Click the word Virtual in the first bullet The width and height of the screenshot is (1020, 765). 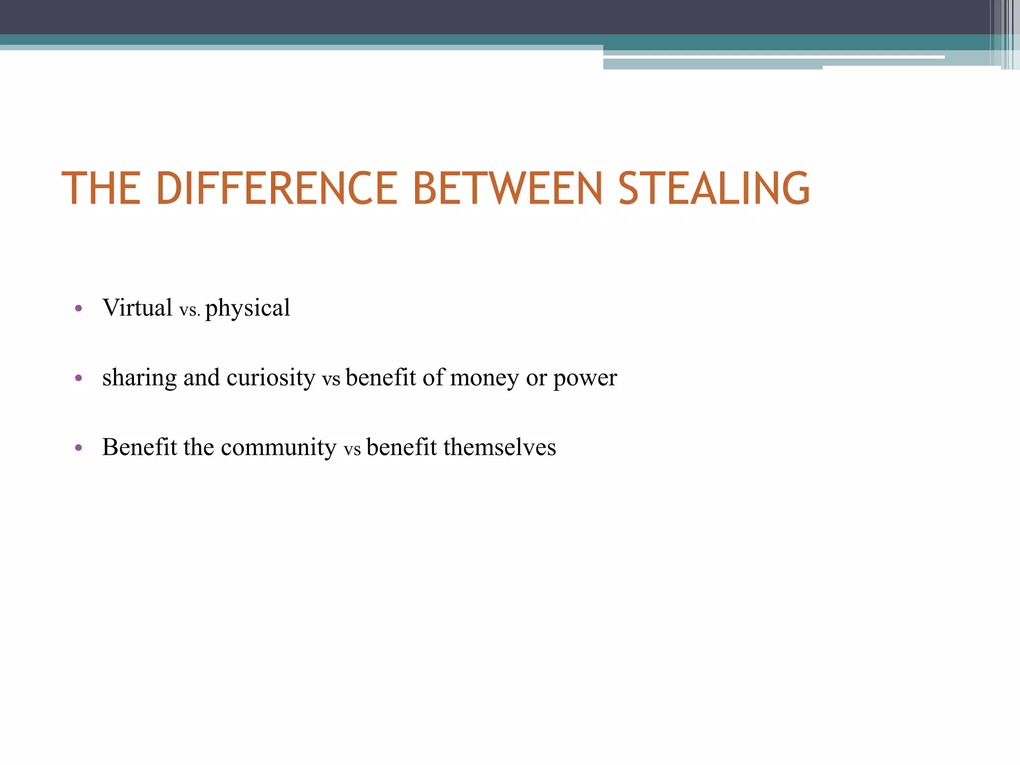tap(137, 307)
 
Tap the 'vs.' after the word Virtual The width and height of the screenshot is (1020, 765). tap(189, 310)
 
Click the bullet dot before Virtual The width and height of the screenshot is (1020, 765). tap(78, 309)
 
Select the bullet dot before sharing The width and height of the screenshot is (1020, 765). tap(78, 379)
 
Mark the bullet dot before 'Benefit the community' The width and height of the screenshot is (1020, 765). tap(78, 448)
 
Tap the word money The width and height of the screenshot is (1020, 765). tap(485, 378)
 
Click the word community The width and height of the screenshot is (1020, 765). tap(278, 447)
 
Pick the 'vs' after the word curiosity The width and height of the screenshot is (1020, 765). tap(331, 380)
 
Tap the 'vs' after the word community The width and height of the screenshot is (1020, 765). tap(352, 450)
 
